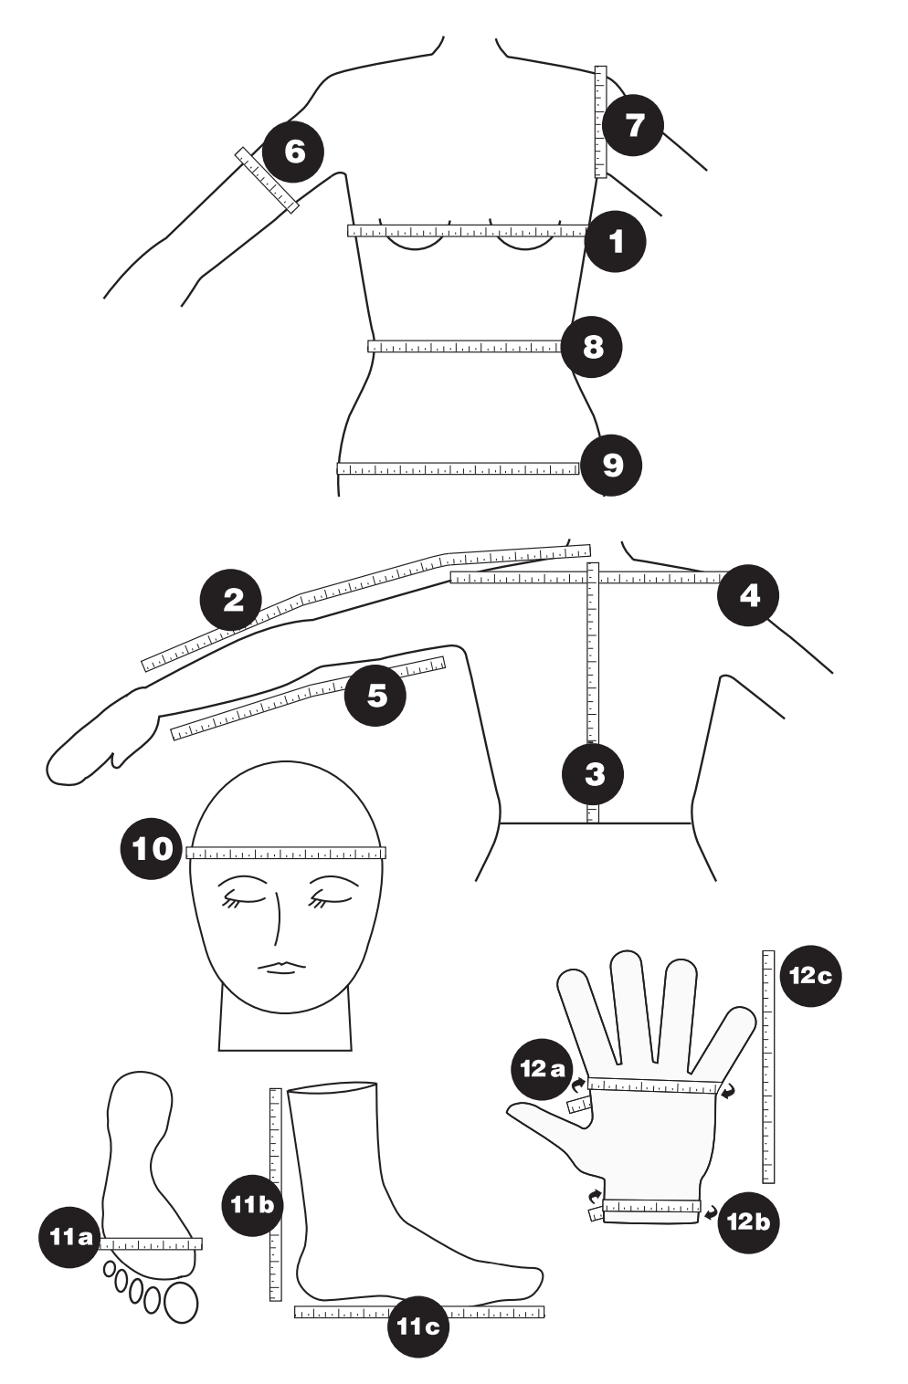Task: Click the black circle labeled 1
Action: [616, 241]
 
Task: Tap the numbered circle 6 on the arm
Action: [293, 151]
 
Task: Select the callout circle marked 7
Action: [633, 125]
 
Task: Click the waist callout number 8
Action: [592, 347]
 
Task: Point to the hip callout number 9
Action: [612, 466]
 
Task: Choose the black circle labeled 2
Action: [232, 600]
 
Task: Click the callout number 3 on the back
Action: [593, 774]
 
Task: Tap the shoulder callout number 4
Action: [748, 596]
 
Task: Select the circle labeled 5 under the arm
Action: [375, 696]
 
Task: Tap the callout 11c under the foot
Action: [417, 1326]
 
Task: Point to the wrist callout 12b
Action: [748, 1221]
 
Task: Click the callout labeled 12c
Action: [810, 975]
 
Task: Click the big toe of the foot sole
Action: [181, 1303]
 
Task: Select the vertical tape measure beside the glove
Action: [768, 1066]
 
